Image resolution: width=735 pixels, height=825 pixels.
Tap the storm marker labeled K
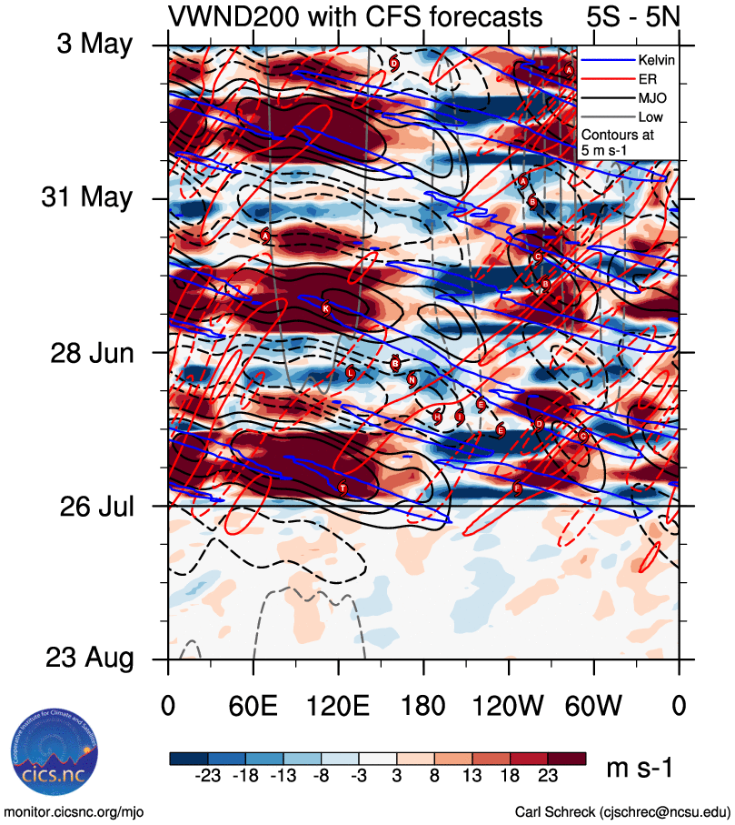tap(326, 308)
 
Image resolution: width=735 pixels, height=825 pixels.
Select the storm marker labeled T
tap(343, 489)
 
